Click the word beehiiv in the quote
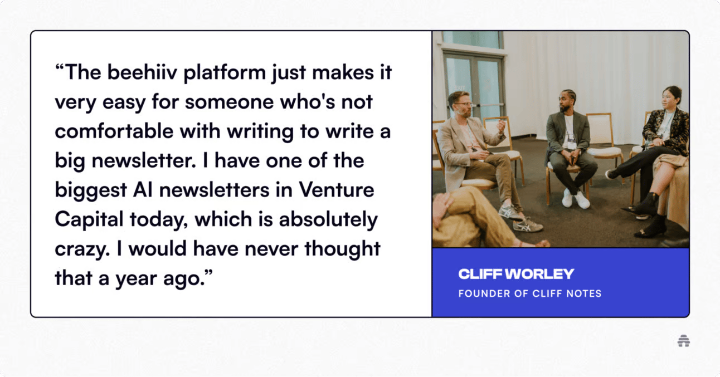click(x=142, y=72)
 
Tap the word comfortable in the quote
click(x=114, y=131)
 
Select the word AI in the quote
click(x=143, y=190)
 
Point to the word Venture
click(x=337, y=190)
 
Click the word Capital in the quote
click(x=89, y=219)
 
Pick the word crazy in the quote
click(x=82, y=249)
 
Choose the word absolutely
click(x=328, y=219)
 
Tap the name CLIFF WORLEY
click(x=516, y=274)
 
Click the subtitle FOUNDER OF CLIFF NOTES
click(x=530, y=293)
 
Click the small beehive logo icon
click(x=683, y=341)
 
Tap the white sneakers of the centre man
click(x=575, y=198)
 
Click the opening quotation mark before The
click(x=59, y=67)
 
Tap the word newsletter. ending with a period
click(x=144, y=160)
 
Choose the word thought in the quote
click(x=342, y=249)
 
